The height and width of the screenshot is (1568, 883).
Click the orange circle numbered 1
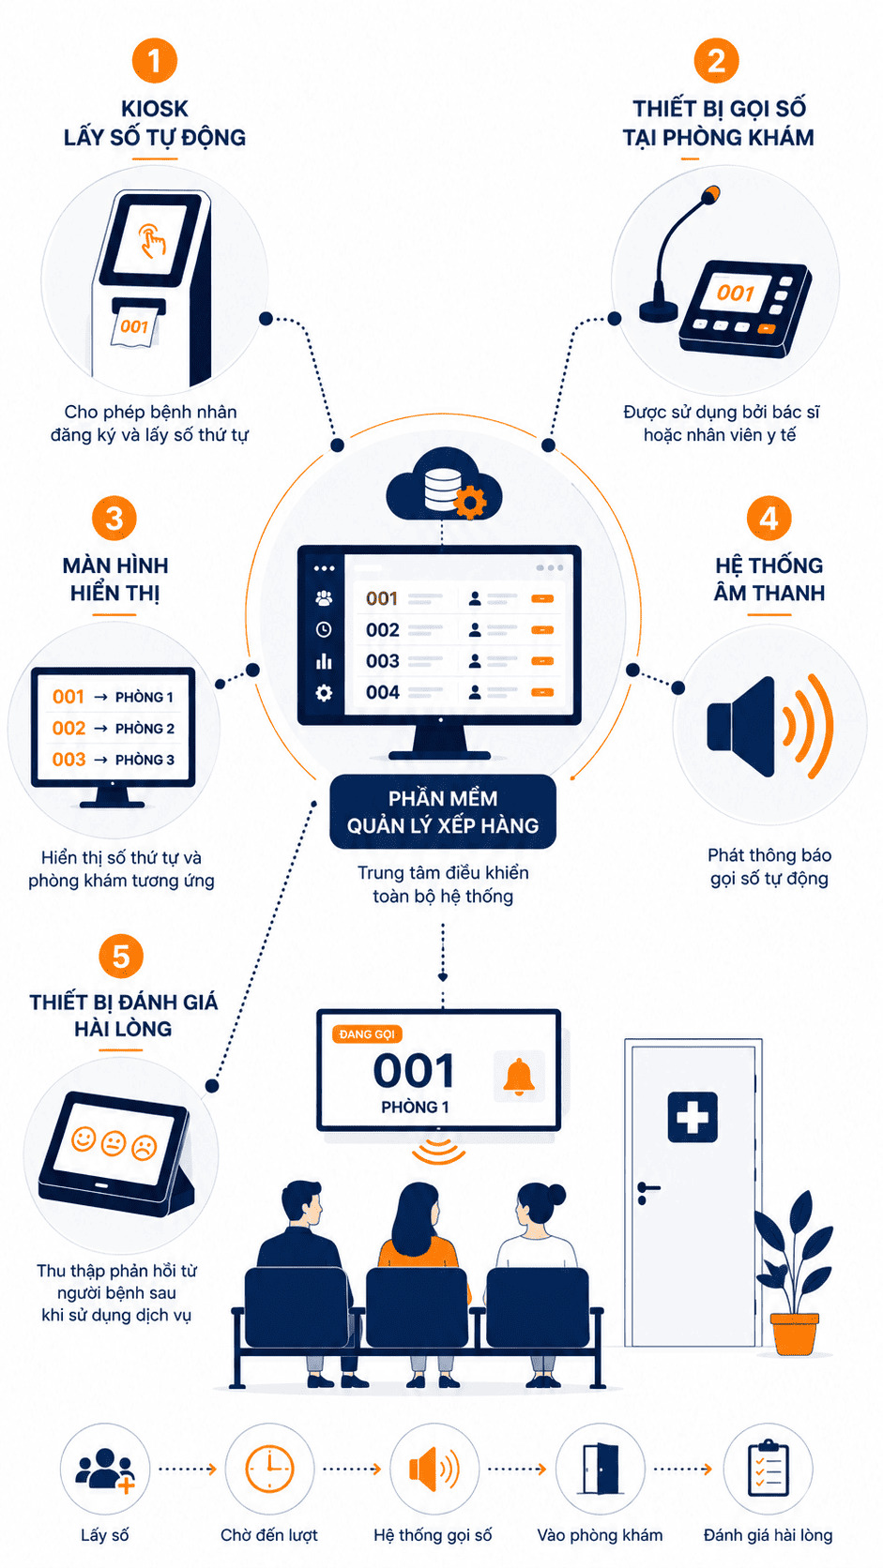pyautogui.click(x=154, y=60)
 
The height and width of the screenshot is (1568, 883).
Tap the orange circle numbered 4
pyautogui.click(x=769, y=518)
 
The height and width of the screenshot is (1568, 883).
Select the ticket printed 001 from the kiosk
pyautogui.click(x=134, y=325)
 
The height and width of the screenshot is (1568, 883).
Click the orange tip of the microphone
pyautogui.click(x=710, y=194)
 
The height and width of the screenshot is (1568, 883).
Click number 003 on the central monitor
pyautogui.click(x=382, y=661)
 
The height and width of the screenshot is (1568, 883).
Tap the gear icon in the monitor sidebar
pyautogui.click(x=324, y=692)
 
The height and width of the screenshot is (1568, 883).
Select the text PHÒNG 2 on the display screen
pyautogui.click(x=145, y=728)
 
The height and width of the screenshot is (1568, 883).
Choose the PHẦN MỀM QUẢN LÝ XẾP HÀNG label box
pyautogui.click(x=443, y=811)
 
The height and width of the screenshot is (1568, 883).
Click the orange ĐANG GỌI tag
pyautogui.click(x=366, y=1033)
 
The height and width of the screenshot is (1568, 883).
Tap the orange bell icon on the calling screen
pyautogui.click(x=518, y=1077)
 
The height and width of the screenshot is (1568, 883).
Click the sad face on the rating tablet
pyautogui.click(x=145, y=1147)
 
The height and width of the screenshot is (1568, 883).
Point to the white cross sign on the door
pyautogui.click(x=692, y=1117)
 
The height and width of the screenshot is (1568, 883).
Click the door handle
pyautogui.click(x=647, y=1188)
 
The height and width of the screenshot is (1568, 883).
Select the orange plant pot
pyautogui.click(x=793, y=1334)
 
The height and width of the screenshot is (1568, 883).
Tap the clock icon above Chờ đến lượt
pyautogui.click(x=269, y=1468)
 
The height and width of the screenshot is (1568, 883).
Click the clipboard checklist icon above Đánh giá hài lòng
pyautogui.click(x=768, y=1468)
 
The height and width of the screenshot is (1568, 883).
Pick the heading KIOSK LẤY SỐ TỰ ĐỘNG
pyautogui.click(x=155, y=123)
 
